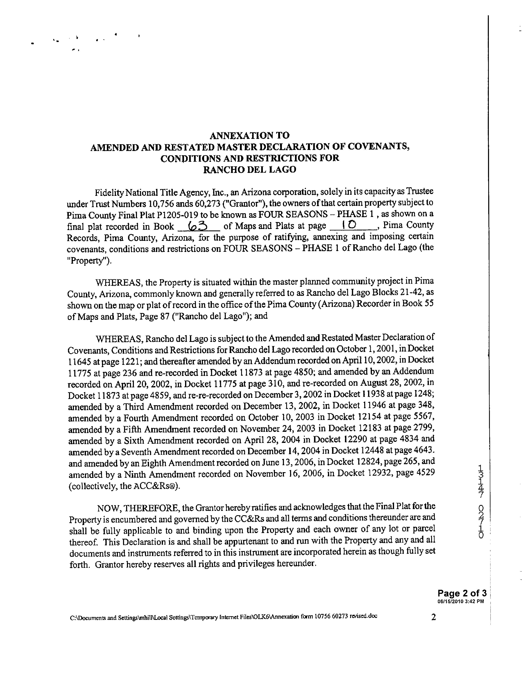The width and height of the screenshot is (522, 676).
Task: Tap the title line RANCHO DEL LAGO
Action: click(250, 170)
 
